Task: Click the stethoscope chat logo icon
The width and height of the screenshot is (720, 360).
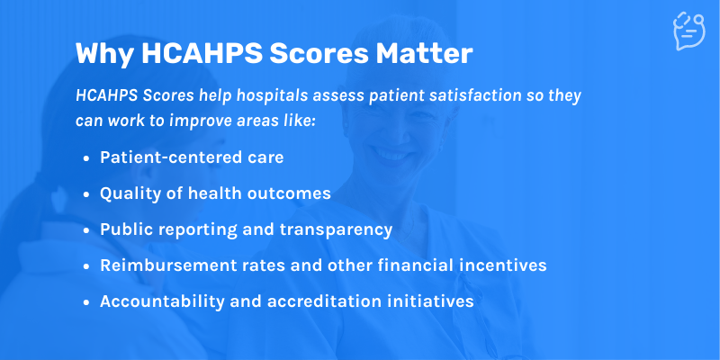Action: click(688, 31)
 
